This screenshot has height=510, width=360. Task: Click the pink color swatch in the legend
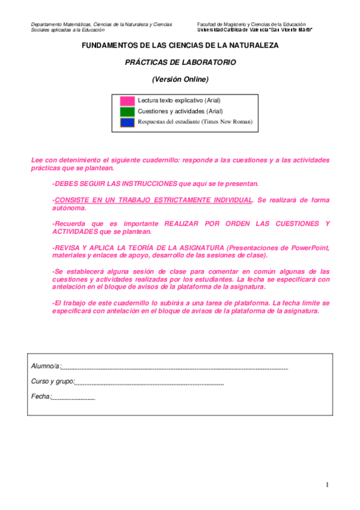(127, 100)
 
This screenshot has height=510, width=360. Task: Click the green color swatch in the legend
(127, 111)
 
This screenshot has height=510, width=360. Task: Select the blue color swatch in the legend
(127, 122)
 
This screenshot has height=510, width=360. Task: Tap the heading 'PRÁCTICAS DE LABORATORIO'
(180, 62)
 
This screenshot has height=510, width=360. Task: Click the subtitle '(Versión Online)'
(180, 79)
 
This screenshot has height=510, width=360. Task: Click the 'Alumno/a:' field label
(46, 366)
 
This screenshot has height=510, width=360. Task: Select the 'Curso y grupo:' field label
(53, 381)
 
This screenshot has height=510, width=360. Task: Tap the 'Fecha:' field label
(41, 396)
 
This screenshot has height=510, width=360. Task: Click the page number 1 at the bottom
(328, 485)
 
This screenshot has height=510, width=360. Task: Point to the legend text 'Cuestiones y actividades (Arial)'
(180, 111)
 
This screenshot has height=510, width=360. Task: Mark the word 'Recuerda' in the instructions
(70, 224)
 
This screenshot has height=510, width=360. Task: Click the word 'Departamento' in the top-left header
(47, 24)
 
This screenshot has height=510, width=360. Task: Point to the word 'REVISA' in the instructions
(68, 248)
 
